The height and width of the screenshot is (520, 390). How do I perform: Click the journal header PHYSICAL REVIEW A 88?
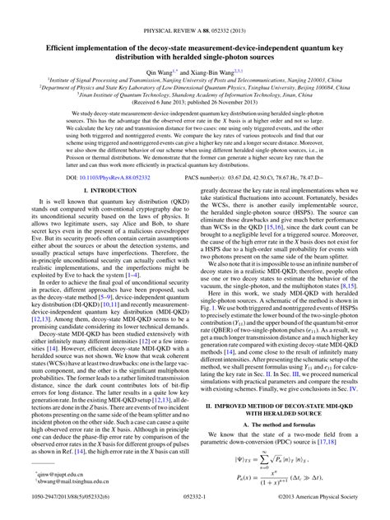tap(195, 8)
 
